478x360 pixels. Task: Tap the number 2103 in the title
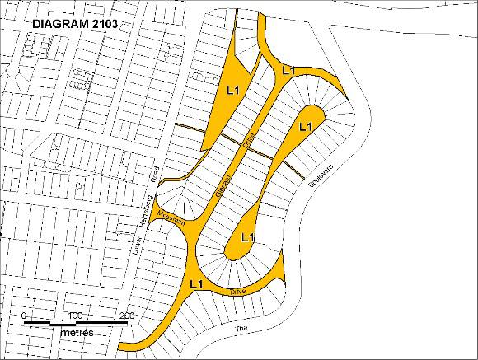(105, 24)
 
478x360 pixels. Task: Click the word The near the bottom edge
(241, 330)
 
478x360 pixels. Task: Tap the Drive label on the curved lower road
(238, 290)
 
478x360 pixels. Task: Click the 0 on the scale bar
(25, 316)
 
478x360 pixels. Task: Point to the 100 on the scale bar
(75, 316)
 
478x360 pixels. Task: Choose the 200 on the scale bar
(126, 316)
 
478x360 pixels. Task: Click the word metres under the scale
(76, 331)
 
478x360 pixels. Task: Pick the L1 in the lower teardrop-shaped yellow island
(246, 237)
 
